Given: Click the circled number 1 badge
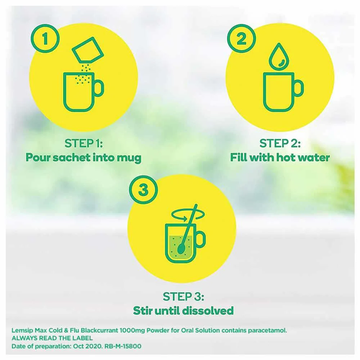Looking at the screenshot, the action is point(45,39).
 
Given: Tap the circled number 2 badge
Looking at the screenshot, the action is point(242,39).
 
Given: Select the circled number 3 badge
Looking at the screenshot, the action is point(144,190).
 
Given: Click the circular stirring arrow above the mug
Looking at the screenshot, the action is point(188,215).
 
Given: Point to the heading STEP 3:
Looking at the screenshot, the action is point(183,297).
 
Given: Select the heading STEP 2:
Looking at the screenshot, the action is point(280,144).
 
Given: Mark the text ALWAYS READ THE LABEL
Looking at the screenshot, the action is point(52,338).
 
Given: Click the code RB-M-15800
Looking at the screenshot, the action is point(123,346).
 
